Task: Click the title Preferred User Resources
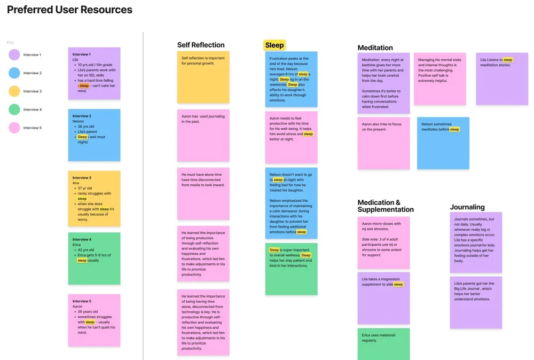tap(69, 10)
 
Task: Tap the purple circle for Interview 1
tap(14, 54)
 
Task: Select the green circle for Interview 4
tap(14, 109)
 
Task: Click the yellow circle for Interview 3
tap(14, 91)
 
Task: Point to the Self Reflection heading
tap(201, 45)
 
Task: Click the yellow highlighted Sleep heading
tap(274, 45)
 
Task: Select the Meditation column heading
tap(375, 48)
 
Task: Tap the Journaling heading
tap(467, 207)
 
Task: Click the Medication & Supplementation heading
tap(386, 206)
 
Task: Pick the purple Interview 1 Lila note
tap(94, 73)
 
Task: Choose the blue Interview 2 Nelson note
tap(94, 135)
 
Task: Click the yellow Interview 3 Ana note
tap(94, 198)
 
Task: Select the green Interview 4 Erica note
tap(94, 258)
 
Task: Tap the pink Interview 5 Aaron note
tap(94, 320)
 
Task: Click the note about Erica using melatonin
tap(383, 343)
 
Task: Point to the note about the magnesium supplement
tap(383, 298)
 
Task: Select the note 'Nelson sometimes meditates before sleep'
tap(443, 143)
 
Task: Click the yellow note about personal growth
tap(203, 77)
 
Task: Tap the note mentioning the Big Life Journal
tap(476, 302)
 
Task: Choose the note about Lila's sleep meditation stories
tap(502, 79)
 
